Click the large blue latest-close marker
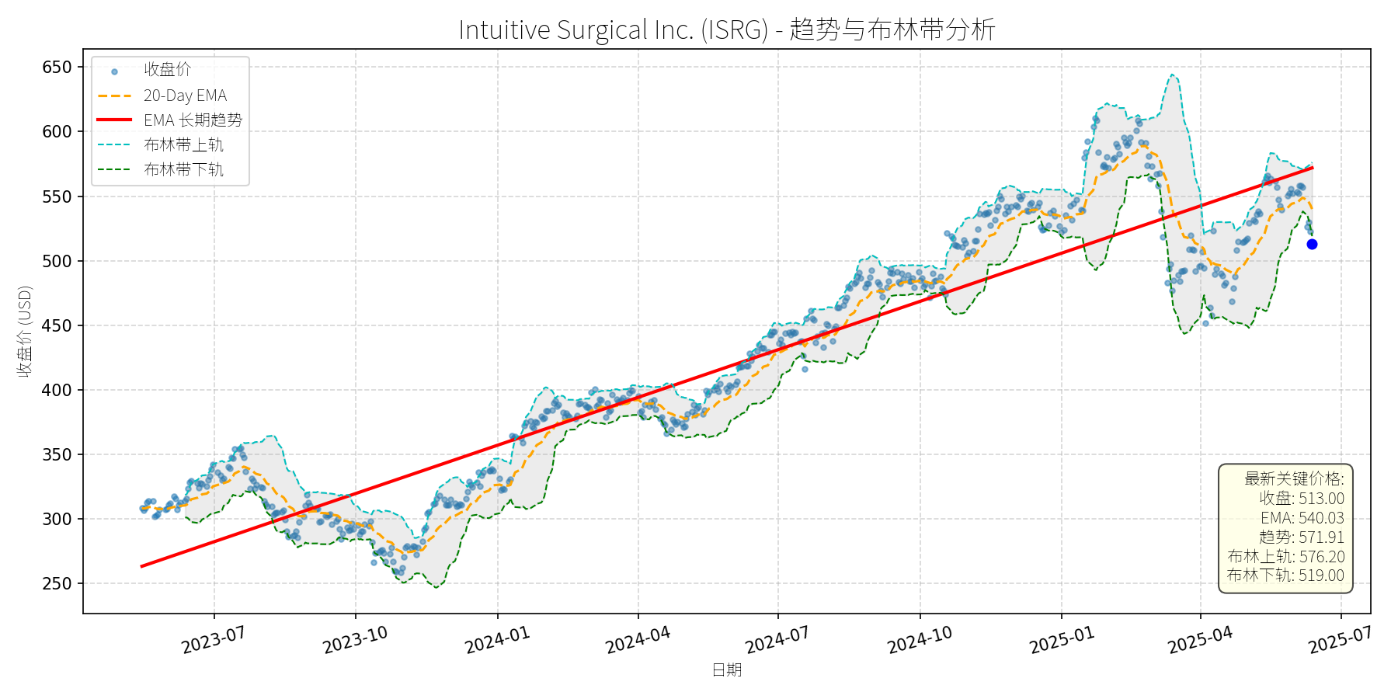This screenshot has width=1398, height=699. tap(1312, 244)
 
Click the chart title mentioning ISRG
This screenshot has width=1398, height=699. tap(726, 30)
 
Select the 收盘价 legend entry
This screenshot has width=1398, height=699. tap(167, 70)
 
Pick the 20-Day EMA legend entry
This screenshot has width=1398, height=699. tap(185, 96)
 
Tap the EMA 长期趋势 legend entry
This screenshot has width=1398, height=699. tap(193, 120)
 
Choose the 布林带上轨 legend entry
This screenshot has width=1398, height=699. tap(183, 144)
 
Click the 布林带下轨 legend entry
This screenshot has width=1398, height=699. tap(183, 169)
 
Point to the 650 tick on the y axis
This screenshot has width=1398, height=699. tap(57, 67)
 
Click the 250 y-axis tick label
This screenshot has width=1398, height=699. tap(57, 583)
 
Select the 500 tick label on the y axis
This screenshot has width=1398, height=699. tap(57, 261)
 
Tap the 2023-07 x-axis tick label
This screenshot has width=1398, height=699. tap(214, 640)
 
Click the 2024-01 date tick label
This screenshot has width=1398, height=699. tap(497, 640)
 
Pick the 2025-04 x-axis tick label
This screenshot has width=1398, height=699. tap(1200, 640)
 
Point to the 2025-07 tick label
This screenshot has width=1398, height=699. tap(1340, 640)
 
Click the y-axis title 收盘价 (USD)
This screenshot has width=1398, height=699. tap(25, 332)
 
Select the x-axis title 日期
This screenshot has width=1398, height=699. tap(727, 669)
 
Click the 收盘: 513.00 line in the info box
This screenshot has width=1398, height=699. tap(1301, 499)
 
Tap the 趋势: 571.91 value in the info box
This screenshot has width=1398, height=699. tap(1301, 537)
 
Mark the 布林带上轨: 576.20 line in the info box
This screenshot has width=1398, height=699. tap(1285, 557)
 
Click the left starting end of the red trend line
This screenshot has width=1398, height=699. tap(142, 566)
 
